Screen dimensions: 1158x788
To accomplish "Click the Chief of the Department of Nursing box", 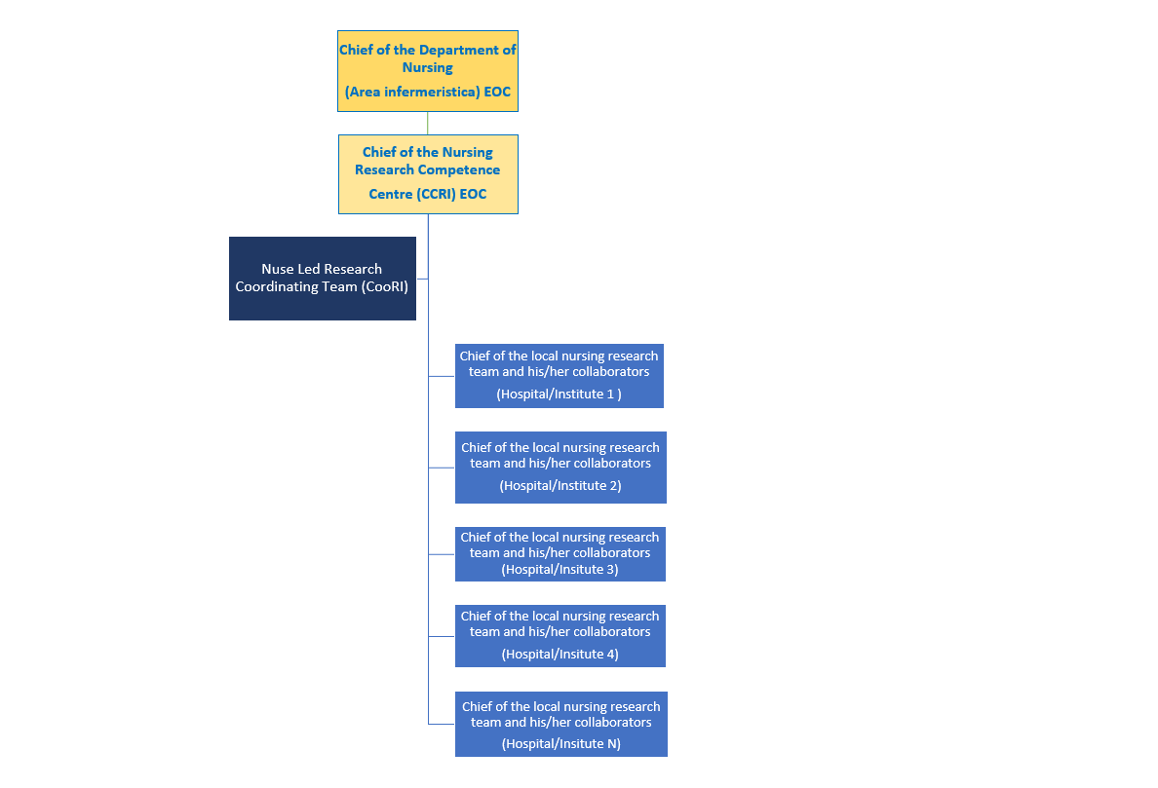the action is tap(428, 71).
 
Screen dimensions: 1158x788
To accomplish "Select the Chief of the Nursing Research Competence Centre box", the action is tap(428, 174).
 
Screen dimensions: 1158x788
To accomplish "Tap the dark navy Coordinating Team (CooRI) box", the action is tap(323, 279).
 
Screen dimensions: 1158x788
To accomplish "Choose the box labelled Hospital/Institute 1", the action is tap(560, 376).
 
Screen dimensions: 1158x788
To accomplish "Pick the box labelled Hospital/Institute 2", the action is tap(560, 467).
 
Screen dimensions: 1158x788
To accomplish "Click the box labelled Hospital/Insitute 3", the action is tap(560, 554).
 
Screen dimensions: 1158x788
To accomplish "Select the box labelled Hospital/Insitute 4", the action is tap(560, 635).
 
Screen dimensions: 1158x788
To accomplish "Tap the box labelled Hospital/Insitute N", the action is tap(561, 724).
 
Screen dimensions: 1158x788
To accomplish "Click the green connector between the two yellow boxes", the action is tap(428, 124).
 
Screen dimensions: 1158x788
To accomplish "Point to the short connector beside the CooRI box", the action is tap(422, 279).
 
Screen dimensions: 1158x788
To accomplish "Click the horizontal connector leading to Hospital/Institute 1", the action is tap(442, 376).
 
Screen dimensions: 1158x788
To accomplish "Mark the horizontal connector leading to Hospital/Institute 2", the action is tap(442, 468).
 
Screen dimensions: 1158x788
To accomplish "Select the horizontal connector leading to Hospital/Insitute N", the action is tap(442, 724).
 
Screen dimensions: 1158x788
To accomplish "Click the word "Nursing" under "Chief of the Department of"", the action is tap(428, 68).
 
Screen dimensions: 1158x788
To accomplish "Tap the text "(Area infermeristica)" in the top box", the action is tap(412, 93).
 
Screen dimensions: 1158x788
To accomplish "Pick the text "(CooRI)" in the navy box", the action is tap(385, 287).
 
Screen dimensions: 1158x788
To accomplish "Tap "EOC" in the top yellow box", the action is tap(497, 93).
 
